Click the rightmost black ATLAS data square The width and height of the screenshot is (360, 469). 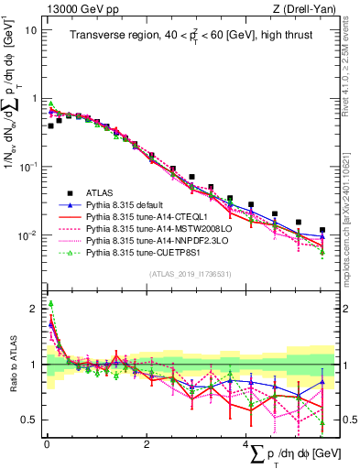coord(322,230)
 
